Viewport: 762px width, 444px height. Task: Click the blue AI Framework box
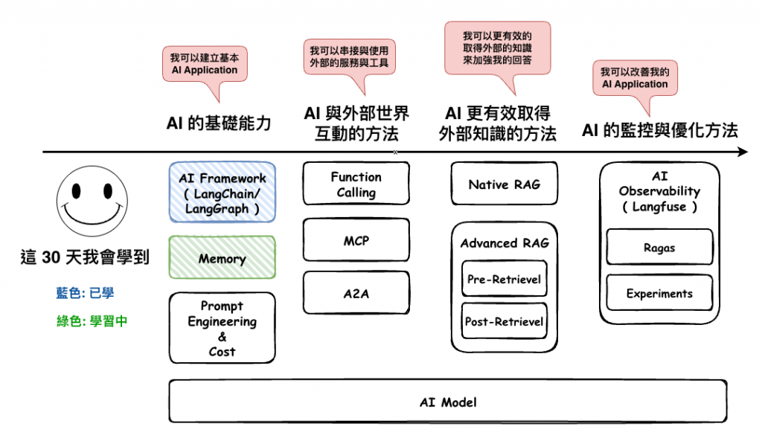click(x=222, y=193)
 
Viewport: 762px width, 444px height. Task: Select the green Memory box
click(x=222, y=257)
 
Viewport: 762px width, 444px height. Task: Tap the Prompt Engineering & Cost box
click(x=222, y=328)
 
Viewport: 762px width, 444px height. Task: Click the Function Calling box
click(x=356, y=184)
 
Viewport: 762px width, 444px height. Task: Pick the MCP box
click(x=356, y=240)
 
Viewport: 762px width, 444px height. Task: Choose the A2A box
click(x=356, y=293)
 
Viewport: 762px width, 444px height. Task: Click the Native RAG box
click(x=505, y=184)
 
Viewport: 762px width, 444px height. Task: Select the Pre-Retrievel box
click(x=505, y=279)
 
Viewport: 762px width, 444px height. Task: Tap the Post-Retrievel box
click(x=505, y=321)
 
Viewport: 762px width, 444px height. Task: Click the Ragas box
click(x=659, y=247)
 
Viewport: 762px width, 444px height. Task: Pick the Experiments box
click(x=659, y=293)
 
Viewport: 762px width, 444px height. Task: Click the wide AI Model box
click(x=448, y=402)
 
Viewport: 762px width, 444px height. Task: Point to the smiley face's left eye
click(x=77, y=191)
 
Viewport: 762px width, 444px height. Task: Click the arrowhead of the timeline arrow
click(x=743, y=152)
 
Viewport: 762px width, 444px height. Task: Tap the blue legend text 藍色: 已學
click(x=85, y=293)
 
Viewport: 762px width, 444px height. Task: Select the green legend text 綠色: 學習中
click(x=92, y=321)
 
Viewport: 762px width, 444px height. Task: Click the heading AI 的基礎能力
click(x=219, y=123)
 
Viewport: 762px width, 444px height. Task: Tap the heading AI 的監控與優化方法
click(x=660, y=130)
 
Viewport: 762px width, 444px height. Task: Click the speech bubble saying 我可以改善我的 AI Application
click(x=635, y=78)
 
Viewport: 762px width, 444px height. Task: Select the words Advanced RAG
click(x=505, y=243)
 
